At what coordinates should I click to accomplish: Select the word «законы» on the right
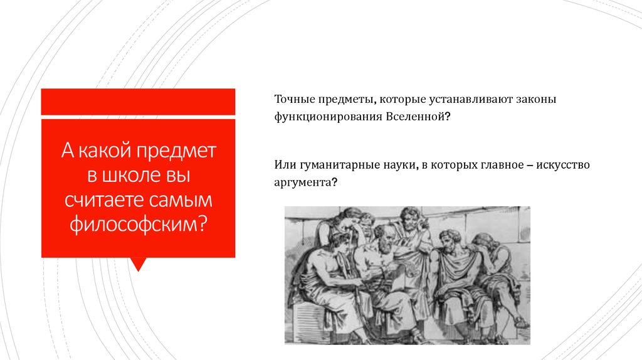click(537, 100)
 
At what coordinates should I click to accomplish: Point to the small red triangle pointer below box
click(138, 264)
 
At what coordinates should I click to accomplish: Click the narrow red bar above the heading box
click(138, 102)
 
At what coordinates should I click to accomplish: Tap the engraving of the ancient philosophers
click(407, 275)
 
